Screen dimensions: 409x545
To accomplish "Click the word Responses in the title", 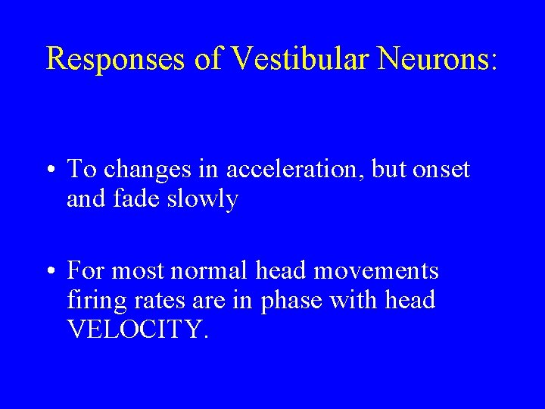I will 116,58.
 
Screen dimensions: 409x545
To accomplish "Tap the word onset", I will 441,170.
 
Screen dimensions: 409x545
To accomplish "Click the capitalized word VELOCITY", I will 135,329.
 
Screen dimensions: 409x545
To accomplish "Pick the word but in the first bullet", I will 391,170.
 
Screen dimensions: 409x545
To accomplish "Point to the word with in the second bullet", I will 357,300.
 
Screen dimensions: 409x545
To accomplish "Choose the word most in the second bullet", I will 142,270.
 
